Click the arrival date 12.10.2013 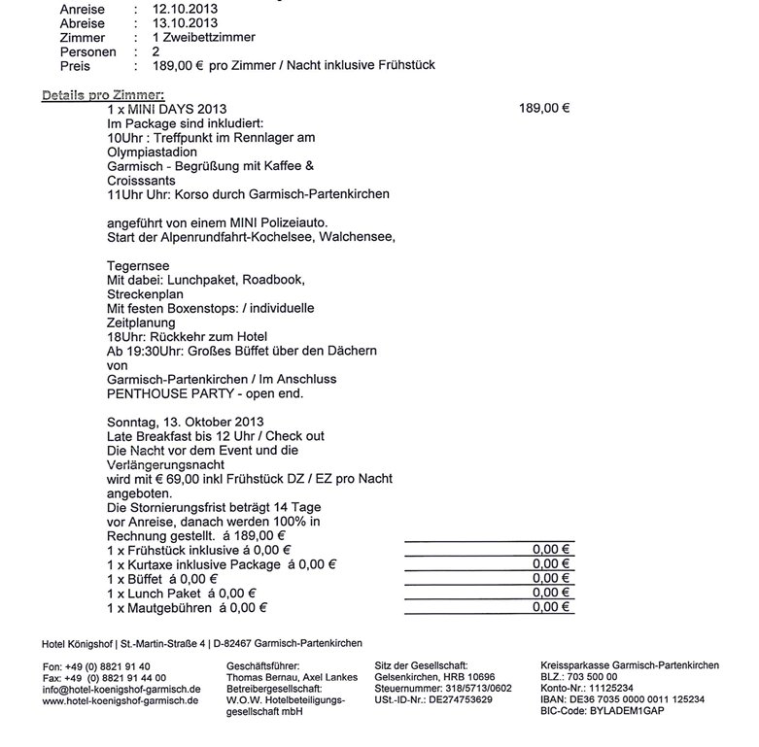(x=185, y=10)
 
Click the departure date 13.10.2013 (x=185, y=23)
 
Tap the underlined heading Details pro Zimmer (x=103, y=94)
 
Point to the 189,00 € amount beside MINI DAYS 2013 (x=544, y=109)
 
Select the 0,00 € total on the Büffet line (x=551, y=579)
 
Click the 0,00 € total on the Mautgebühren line (x=551, y=608)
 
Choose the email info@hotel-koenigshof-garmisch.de (x=121, y=690)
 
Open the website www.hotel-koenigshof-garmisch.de (x=121, y=701)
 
